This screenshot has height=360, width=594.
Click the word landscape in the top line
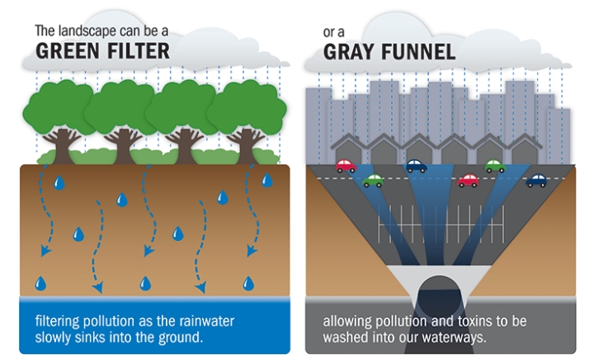[92, 31]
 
